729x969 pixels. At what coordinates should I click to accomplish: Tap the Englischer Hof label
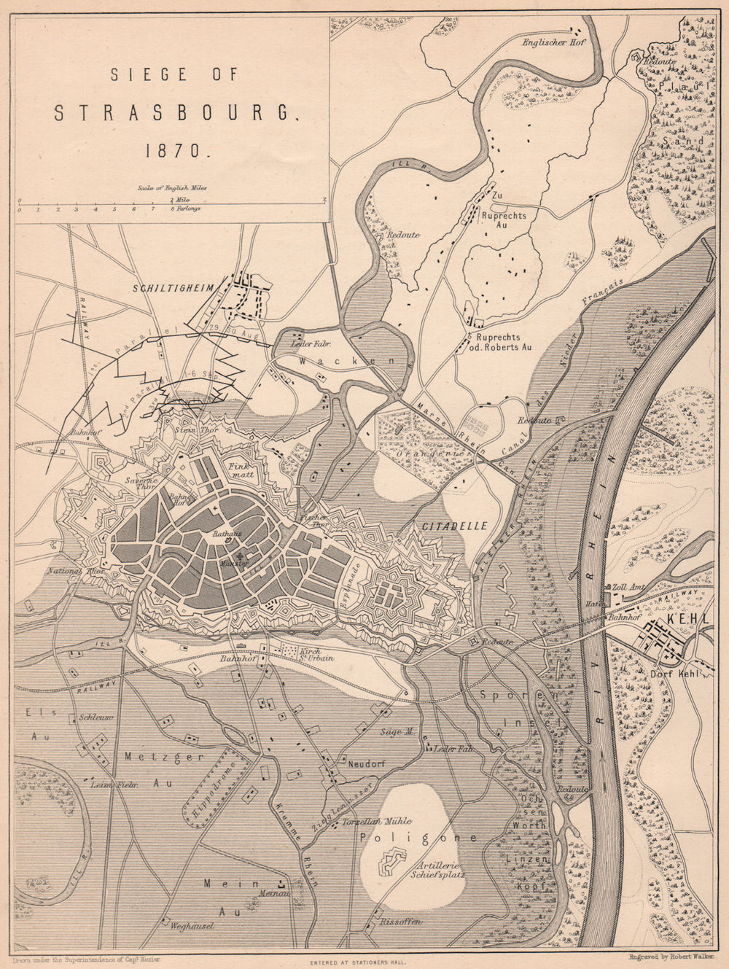[553, 42]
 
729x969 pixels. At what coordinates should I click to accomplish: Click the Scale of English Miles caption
[171, 187]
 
